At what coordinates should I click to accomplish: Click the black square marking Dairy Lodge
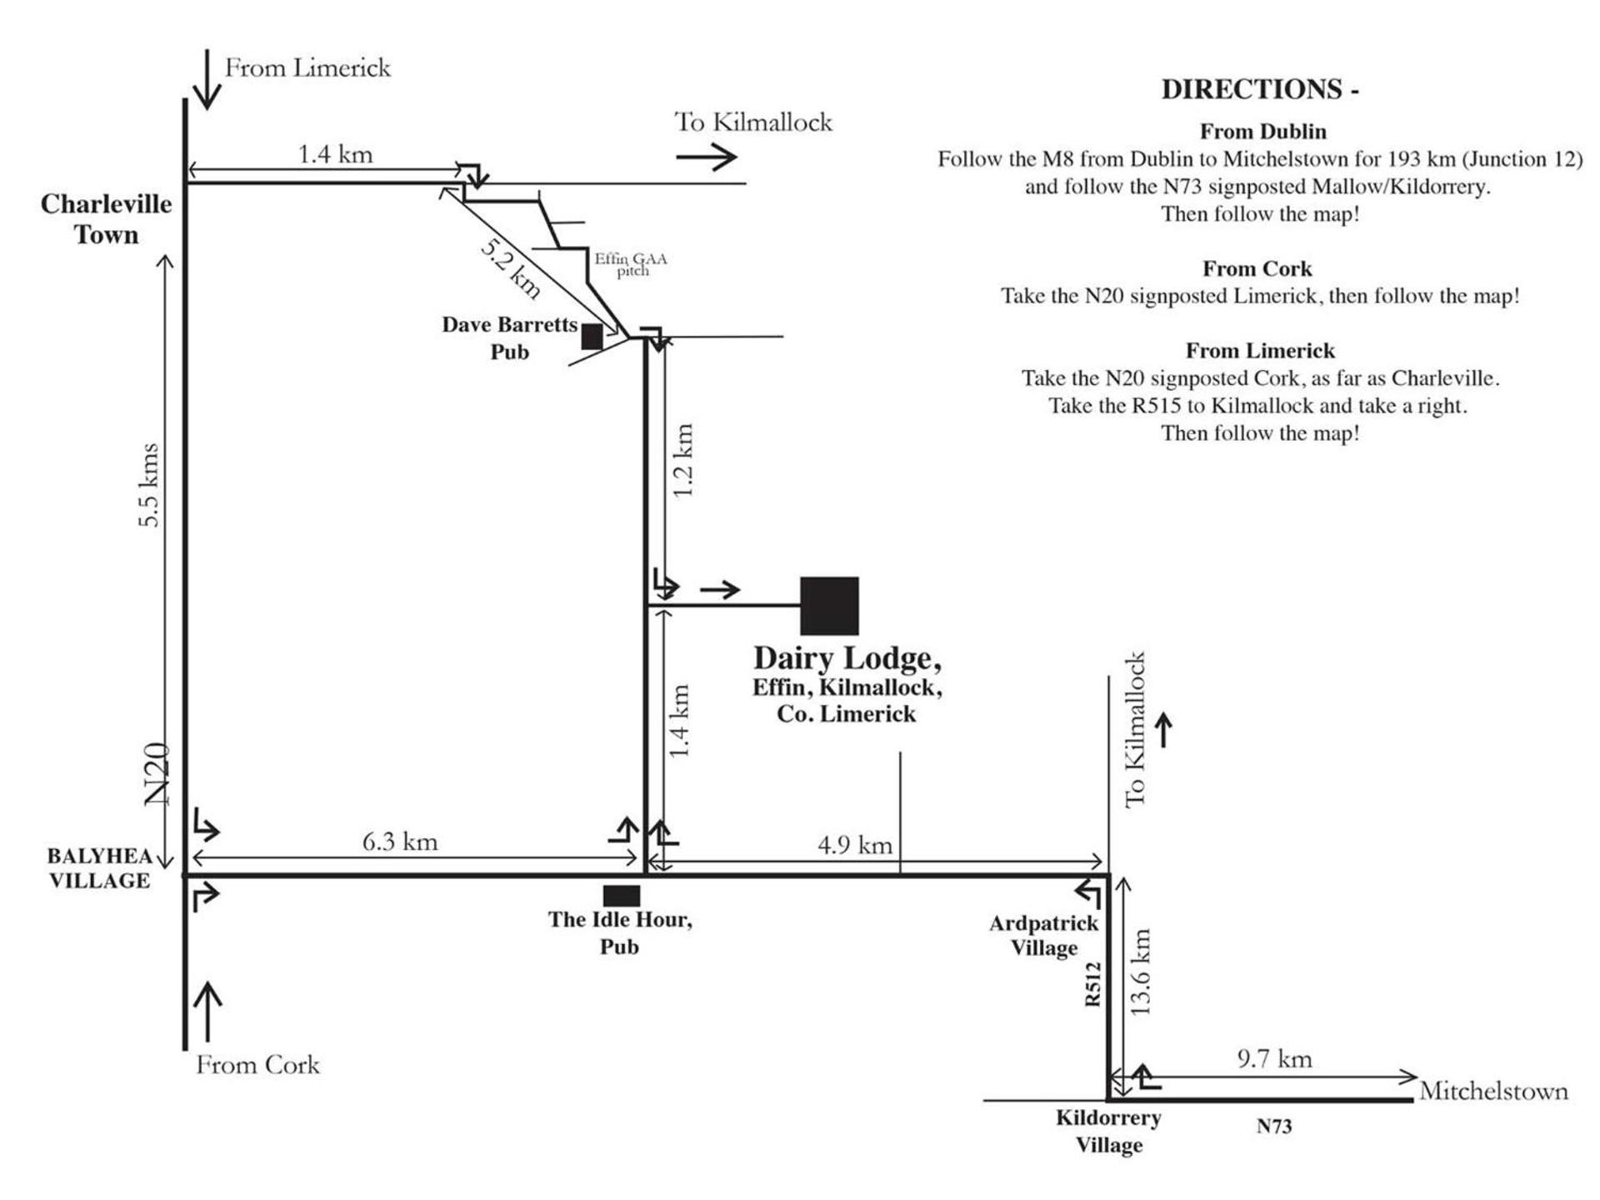pyautogui.click(x=829, y=606)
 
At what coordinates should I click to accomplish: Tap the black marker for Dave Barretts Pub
pyautogui.click(x=592, y=337)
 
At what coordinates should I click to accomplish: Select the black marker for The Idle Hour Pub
pyautogui.click(x=622, y=896)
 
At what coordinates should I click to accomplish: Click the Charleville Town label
pyautogui.click(x=107, y=219)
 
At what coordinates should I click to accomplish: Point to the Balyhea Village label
pyautogui.click(x=100, y=868)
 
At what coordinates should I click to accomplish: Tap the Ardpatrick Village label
pyautogui.click(x=1044, y=935)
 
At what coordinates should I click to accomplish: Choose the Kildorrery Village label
pyautogui.click(x=1108, y=1131)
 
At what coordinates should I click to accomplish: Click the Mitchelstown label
pyautogui.click(x=1493, y=1091)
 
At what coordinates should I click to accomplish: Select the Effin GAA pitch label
pyautogui.click(x=631, y=264)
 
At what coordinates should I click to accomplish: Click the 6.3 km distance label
pyautogui.click(x=400, y=842)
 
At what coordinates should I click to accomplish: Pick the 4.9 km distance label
pyautogui.click(x=855, y=845)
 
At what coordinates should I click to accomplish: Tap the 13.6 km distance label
pyautogui.click(x=1140, y=972)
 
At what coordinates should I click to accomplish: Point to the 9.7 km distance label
pyautogui.click(x=1274, y=1059)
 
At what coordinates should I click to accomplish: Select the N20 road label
pyautogui.click(x=157, y=774)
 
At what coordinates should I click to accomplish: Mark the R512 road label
pyautogui.click(x=1092, y=984)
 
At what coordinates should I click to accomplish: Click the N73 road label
pyautogui.click(x=1274, y=1127)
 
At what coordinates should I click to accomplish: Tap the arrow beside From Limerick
pyautogui.click(x=207, y=79)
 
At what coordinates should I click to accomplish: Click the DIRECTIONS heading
pyautogui.click(x=1260, y=89)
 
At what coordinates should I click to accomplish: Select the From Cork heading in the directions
pyautogui.click(x=1257, y=269)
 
